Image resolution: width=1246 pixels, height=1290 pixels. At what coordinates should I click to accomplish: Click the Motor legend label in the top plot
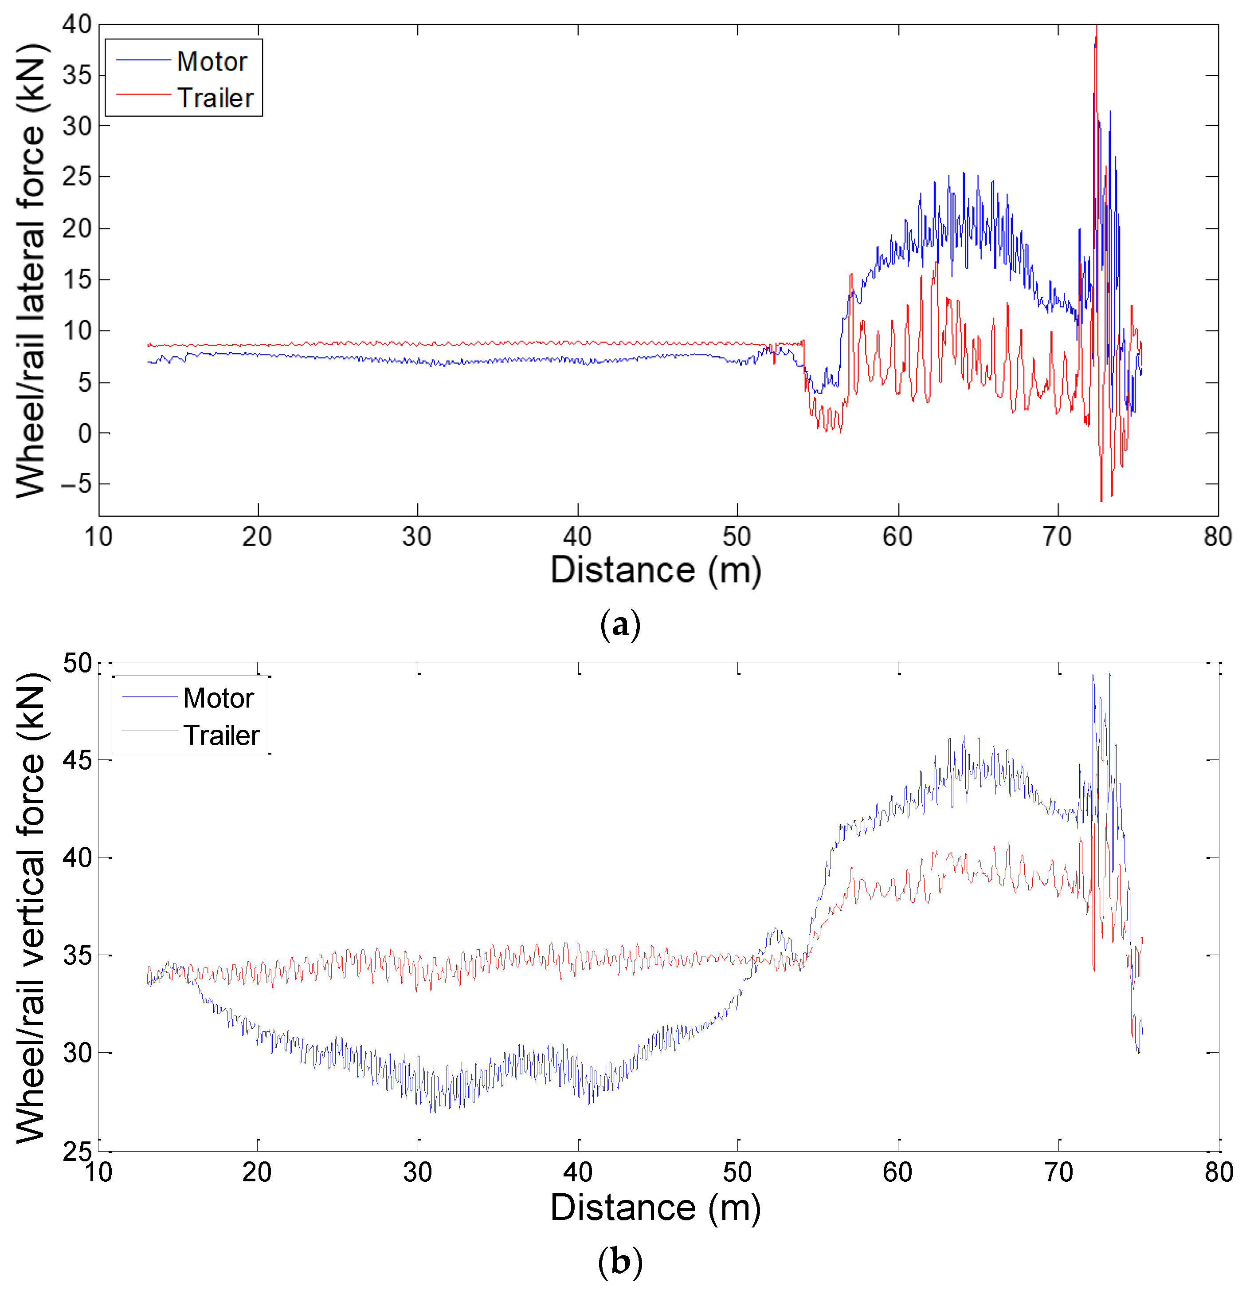(x=212, y=62)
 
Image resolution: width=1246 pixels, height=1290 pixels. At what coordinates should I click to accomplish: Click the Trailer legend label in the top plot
(x=215, y=98)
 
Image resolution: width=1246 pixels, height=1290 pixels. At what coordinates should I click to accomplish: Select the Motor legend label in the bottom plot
(x=219, y=698)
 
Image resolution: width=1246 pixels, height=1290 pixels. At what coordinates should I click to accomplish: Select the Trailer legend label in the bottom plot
(x=222, y=735)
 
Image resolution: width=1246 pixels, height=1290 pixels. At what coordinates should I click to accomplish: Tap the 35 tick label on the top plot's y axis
(x=77, y=75)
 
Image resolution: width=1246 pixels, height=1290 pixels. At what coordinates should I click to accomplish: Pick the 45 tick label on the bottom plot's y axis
(x=77, y=760)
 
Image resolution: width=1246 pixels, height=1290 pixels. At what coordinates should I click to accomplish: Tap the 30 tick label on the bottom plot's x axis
(x=417, y=1172)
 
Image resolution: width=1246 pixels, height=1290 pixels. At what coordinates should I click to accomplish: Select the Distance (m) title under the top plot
(x=655, y=570)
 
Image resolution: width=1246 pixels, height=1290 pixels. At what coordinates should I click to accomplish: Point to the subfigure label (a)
(x=620, y=624)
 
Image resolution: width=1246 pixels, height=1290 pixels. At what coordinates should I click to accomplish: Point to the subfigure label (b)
(x=620, y=1262)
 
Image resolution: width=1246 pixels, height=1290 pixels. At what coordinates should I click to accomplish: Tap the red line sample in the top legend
(x=143, y=95)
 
